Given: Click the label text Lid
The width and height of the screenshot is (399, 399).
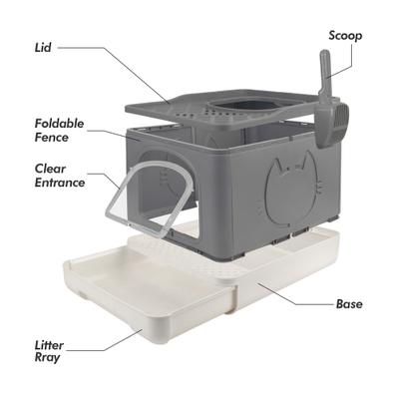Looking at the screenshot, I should point(42,46).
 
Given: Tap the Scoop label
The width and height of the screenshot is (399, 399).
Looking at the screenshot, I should point(345,35).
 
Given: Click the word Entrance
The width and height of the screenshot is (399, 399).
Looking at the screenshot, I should point(58,184).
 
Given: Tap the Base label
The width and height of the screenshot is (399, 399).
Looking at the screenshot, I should point(348,303).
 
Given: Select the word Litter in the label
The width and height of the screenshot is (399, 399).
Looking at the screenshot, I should point(49,345).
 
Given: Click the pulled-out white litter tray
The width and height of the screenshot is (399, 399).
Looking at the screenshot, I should point(120,299).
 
